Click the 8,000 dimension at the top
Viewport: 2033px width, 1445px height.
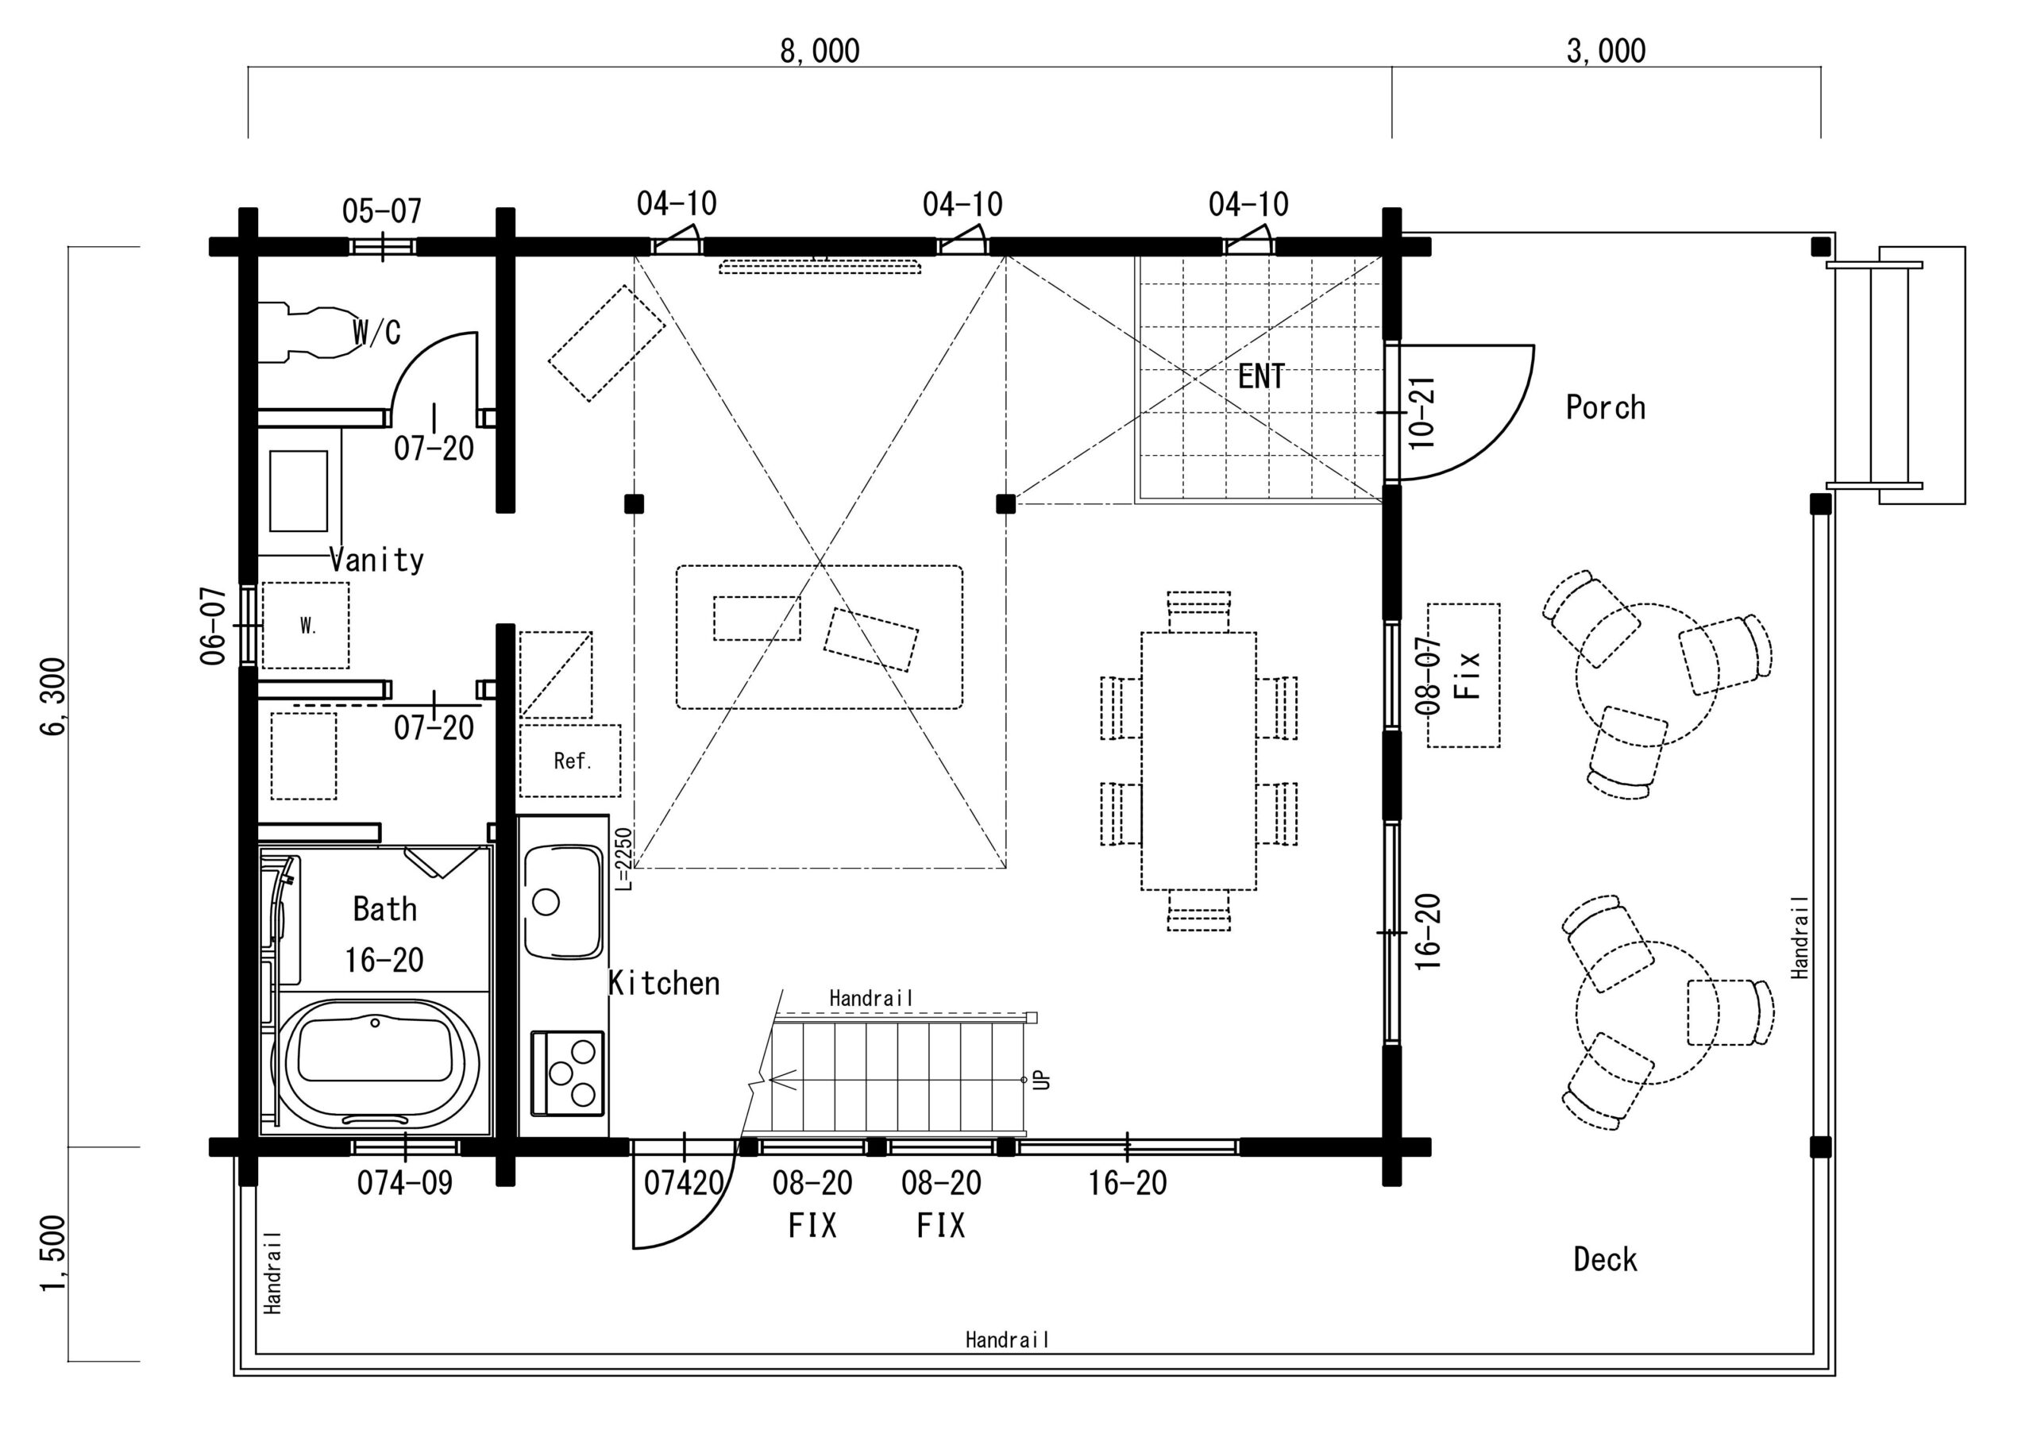point(820,51)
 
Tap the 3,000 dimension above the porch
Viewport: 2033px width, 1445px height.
point(1606,51)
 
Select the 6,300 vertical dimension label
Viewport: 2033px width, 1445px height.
point(53,697)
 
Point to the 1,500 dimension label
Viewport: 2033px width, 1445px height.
point(53,1254)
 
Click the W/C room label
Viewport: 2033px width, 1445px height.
point(376,332)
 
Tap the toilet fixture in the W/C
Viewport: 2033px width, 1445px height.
point(308,333)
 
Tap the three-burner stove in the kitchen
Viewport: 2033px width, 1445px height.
point(567,1073)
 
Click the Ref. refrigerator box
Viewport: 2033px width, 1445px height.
point(570,761)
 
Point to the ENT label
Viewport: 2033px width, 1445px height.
point(1261,376)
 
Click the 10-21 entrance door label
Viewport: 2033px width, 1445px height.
point(1422,413)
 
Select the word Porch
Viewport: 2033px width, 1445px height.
point(1605,407)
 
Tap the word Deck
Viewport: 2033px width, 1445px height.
point(1605,1260)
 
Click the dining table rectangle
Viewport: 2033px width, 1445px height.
point(1198,761)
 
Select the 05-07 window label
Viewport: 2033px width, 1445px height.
point(382,212)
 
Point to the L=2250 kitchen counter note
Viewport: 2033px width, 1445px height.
point(623,858)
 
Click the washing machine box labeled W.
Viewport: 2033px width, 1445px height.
point(305,626)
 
